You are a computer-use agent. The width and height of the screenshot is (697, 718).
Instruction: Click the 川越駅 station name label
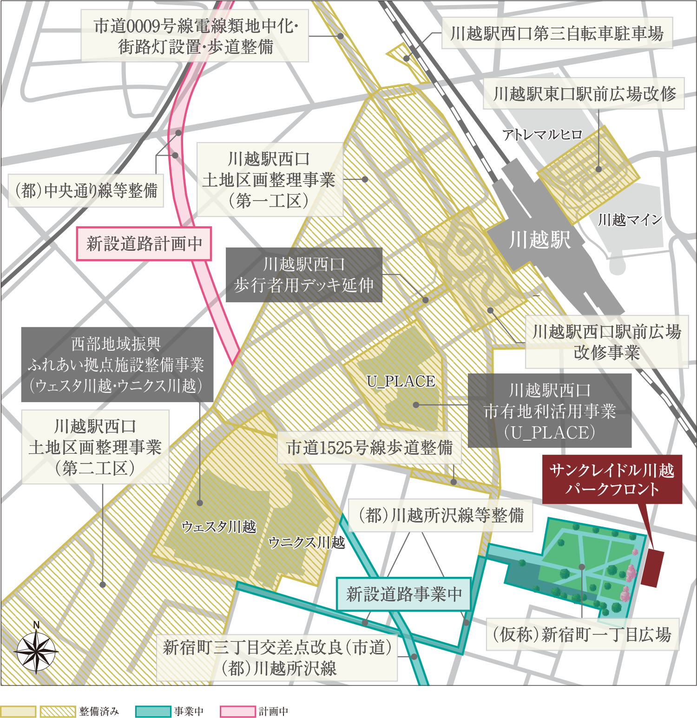coord(539,240)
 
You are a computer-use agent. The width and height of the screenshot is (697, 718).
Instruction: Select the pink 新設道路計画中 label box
coord(144,244)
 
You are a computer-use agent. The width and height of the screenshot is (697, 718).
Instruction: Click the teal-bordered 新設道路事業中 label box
coord(403,594)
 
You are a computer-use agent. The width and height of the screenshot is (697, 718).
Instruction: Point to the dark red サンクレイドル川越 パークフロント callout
coord(612,479)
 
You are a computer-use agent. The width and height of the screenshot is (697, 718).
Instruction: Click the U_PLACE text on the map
coord(401,381)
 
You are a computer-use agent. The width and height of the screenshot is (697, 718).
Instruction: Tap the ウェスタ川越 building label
coord(219,527)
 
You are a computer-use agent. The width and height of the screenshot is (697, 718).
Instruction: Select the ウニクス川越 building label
coord(307,542)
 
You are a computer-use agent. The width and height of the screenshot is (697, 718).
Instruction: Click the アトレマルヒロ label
coord(542,135)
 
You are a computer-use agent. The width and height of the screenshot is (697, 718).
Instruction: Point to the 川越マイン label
coord(630,220)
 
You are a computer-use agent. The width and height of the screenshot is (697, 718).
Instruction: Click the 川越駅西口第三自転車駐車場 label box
coord(557,33)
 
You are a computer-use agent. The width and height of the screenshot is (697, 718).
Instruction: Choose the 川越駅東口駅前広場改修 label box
coord(584,94)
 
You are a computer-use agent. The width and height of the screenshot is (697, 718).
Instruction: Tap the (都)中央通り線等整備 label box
coord(86,190)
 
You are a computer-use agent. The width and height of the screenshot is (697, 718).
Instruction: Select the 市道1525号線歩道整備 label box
coord(369,448)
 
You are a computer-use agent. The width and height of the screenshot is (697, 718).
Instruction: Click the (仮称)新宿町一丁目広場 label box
coord(582,634)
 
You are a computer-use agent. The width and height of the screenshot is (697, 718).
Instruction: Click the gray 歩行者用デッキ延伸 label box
coord(304,275)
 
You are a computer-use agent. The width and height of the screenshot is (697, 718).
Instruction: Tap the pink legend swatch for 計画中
coord(238,711)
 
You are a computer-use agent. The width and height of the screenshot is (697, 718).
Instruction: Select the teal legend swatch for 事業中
coord(153,711)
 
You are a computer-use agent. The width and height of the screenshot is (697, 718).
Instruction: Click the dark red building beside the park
coord(652,568)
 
